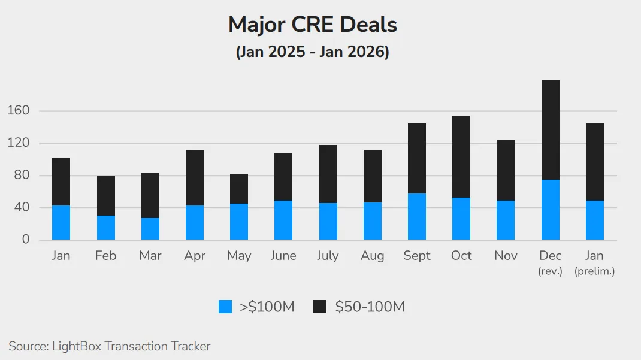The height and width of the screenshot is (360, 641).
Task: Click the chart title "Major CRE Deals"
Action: click(312, 25)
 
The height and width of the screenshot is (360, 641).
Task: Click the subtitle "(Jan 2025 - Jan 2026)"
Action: click(312, 52)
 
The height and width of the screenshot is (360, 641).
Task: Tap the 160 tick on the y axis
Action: click(18, 111)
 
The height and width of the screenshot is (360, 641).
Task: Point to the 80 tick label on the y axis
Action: click(21, 176)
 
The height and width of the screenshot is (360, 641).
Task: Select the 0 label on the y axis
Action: click(25, 240)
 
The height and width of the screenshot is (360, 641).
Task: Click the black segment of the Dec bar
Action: click(550, 129)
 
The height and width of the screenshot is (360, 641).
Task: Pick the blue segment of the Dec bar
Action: click(550, 210)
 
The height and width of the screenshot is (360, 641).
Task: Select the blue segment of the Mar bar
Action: click(150, 229)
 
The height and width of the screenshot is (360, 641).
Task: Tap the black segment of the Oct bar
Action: click(461, 157)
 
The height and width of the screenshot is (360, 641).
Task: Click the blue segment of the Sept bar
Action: click(417, 216)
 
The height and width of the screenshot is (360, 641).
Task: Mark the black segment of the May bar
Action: click(239, 189)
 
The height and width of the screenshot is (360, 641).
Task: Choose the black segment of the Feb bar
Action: click(106, 195)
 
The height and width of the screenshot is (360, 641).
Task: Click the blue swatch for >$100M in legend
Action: click(225, 307)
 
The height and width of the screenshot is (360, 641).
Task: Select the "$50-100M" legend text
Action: click(370, 307)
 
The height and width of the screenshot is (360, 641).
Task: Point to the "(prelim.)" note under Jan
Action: click(594, 271)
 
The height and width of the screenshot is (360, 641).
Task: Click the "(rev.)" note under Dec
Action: click(550, 271)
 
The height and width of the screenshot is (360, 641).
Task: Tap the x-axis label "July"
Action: click(328, 256)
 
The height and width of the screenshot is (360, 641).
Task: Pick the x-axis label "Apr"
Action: click(195, 256)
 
